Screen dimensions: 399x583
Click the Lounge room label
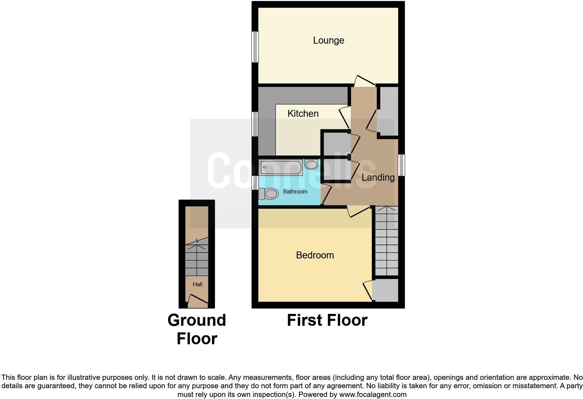point(328,40)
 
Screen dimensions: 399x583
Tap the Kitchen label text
point(303,114)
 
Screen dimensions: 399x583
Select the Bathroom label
point(295,192)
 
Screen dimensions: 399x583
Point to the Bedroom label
point(315,255)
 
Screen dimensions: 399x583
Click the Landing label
point(378,178)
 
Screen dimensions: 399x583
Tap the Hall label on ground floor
point(197,285)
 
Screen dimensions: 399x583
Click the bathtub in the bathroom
point(281,167)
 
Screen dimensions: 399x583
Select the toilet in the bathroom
point(268,193)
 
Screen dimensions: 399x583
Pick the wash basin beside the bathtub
point(311,164)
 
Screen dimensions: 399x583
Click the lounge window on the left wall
point(255,47)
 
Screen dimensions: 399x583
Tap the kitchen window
point(255,124)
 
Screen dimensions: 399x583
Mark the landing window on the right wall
point(401,165)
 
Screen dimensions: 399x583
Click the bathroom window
point(255,183)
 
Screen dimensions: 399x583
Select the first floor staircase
point(386,241)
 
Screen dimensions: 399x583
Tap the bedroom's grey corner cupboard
point(386,290)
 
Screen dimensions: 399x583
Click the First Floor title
point(327,320)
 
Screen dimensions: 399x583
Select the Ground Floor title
point(197,329)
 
